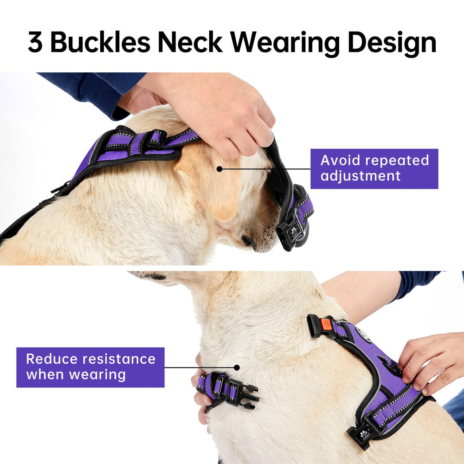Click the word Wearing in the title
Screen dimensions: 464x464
coord(285,44)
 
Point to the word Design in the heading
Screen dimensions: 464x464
coord(392,44)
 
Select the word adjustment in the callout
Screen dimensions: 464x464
coord(361,176)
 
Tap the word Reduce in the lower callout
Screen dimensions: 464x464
coord(52,359)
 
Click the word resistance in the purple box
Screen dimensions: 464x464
coord(119,359)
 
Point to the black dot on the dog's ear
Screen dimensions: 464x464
coord(219,169)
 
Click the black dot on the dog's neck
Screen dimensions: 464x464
coord(237,367)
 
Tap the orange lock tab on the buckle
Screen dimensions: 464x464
coord(326,324)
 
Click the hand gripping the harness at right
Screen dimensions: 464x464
coord(429,363)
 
